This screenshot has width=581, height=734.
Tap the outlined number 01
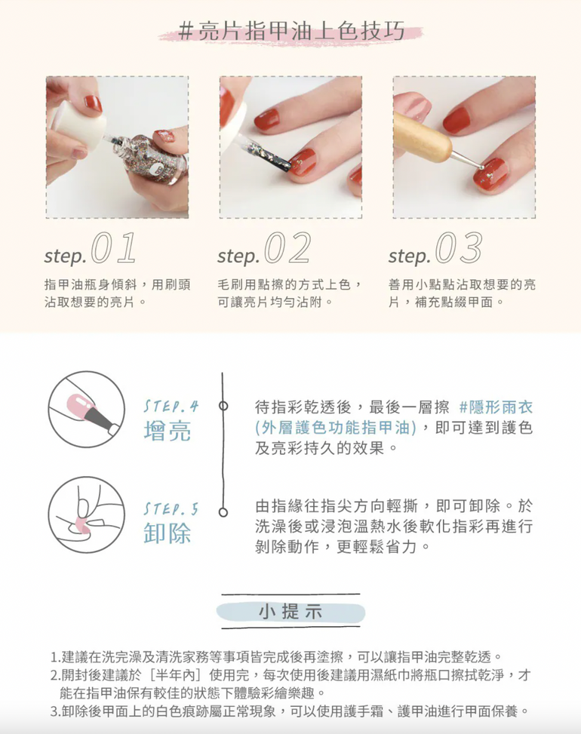(x=113, y=247)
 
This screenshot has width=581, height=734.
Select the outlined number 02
(x=287, y=247)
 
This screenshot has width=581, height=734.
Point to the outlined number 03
(x=459, y=247)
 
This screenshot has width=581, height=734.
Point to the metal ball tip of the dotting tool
(x=481, y=167)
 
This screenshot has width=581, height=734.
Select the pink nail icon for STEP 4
(x=87, y=409)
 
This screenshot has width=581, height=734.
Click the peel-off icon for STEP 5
(x=87, y=514)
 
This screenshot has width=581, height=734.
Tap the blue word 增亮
(x=168, y=431)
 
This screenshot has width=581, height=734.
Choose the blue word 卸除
(x=168, y=533)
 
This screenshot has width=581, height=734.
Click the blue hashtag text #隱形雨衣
(x=496, y=407)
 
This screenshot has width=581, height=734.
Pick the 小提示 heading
(x=290, y=613)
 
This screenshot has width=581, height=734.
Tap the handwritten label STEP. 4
(x=171, y=406)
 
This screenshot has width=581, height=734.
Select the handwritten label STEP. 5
(x=171, y=509)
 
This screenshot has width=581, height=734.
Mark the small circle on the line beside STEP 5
(x=223, y=512)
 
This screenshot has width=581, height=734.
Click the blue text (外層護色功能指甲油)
(x=335, y=428)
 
